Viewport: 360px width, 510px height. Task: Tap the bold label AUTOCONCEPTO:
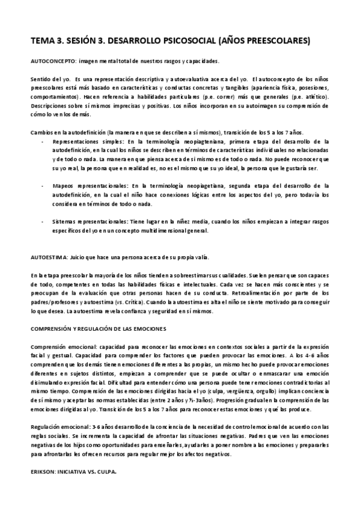coord(52,62)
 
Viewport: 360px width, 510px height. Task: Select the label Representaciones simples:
coord(84,141)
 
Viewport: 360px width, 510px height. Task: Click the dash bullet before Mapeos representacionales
coord(43,186)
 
